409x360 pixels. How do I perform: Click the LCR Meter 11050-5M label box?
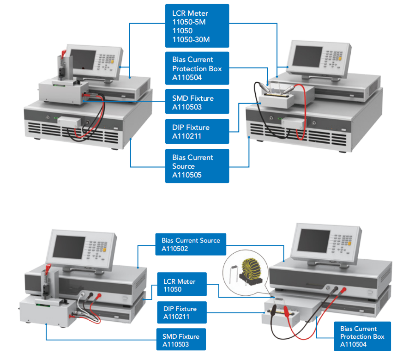point(197,26)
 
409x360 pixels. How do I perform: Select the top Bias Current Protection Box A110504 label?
point(197,68)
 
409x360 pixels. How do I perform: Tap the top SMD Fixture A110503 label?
point(197,102)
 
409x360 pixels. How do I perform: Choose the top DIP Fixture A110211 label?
point(197,131)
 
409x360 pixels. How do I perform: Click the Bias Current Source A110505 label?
point(197,166)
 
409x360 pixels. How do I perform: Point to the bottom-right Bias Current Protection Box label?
point(362,336)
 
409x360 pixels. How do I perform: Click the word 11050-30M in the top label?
point(191,40)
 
